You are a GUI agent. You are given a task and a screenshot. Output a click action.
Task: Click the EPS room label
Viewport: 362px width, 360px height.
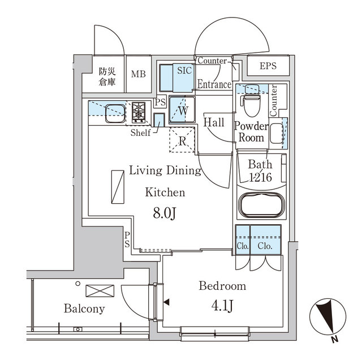pyautogui.click(x=269, y=66)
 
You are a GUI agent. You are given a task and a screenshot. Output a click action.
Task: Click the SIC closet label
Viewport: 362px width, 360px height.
pyautogui.click(x=184, y=71)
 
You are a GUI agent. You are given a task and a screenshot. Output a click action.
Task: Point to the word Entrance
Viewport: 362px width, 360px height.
pyautogui.click(x=214, y=85)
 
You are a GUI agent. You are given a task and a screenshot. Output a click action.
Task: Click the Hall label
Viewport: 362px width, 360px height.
pyautogui.click(x=214, y=122)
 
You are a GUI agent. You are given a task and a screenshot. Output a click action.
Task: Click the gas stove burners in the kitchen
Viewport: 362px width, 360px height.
pyautogui.click(x=139, y=113)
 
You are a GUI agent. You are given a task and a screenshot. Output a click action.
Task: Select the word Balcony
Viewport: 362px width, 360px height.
pyautogui.click(x=84, y=308)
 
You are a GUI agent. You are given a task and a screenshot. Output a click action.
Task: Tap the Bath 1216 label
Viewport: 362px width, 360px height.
pyautogui.click(x=261, y=171)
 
